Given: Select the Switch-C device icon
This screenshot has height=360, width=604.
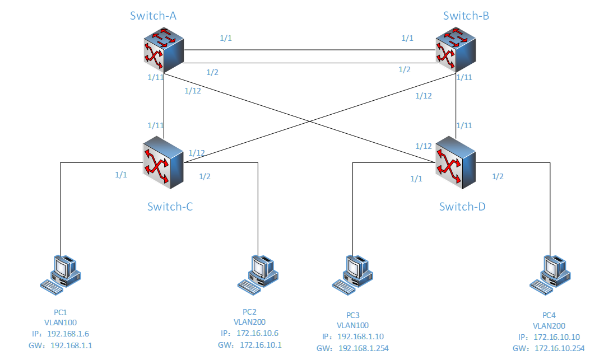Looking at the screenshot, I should [x=164, y=162].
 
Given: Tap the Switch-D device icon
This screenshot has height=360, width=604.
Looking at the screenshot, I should [x=456, y=162].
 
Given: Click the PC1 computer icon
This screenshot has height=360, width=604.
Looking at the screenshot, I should [x=61, y=273].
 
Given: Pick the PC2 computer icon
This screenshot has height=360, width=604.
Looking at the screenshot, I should [x=258, y=273].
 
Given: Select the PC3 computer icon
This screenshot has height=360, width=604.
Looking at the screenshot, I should [x=353, y=273].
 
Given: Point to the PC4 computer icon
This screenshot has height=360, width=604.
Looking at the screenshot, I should [x=551, y=273].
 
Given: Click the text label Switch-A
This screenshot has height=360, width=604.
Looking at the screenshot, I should [x=153, y=16].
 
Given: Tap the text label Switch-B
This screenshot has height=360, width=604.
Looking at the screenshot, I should [x=466, y=16].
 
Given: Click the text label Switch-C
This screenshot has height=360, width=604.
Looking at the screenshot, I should [x=170, y=207].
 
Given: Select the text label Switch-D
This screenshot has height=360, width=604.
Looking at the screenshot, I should [x=462, y=207].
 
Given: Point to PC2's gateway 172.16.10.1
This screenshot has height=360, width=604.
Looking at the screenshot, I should [x=261, y=345].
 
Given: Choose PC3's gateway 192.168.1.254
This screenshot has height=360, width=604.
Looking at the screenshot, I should [x=363, y=348].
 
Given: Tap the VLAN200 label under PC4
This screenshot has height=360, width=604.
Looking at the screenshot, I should [x=549, y=326].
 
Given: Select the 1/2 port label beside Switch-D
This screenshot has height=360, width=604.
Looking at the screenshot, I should [x=498, y=176].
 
